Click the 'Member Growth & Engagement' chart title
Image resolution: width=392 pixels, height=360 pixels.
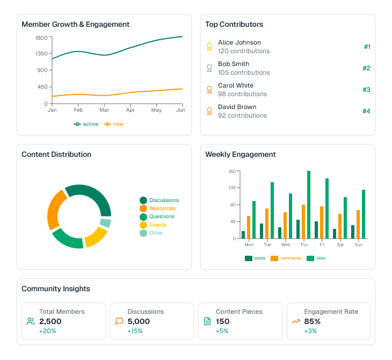click(75, 24)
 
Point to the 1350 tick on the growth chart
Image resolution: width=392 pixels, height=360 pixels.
click(41, 54)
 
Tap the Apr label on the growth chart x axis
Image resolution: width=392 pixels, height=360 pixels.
click(130, 110)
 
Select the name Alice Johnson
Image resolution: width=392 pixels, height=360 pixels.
click(239, 42)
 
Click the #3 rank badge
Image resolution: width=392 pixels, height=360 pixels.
click(366, 90)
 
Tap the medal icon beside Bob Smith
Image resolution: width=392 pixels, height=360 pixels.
click(209, 68)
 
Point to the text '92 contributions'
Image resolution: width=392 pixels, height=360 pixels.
click(242, 116)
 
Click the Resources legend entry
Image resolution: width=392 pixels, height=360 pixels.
click(162, 208)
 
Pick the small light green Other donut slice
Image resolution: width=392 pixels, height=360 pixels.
click(105, 223)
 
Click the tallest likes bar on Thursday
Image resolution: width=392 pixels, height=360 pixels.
click(309, 205)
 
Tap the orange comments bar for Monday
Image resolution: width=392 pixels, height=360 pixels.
click(249, 227)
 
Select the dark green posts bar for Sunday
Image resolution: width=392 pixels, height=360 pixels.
click(353, 232)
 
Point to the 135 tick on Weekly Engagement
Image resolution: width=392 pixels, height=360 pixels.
click(232, 188)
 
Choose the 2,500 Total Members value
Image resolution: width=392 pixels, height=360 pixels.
click(50, 321)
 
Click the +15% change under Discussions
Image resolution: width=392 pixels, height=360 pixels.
click(135, 331)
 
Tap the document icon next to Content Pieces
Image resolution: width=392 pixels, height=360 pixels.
click(207, 321)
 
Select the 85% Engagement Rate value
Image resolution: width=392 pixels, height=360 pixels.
click(312, 321)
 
